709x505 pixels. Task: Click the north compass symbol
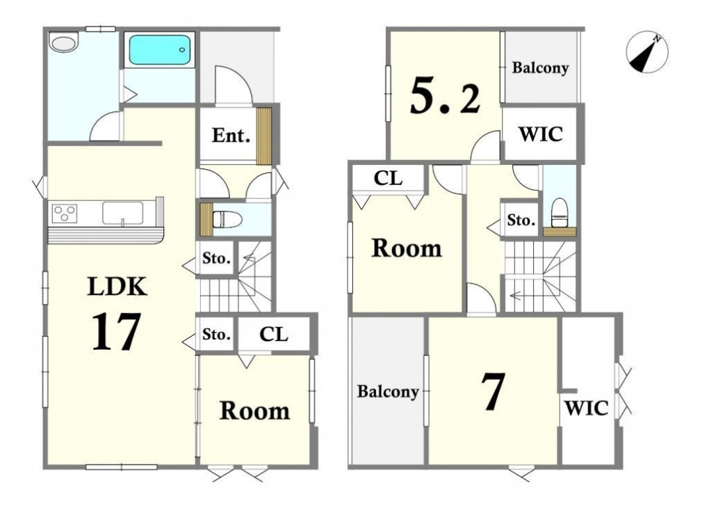click(647, 52)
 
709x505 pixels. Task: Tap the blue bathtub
click(160, 50)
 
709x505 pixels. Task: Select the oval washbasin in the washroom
click(64, 43)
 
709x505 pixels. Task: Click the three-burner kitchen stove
click(65, 213)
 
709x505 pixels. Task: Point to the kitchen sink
click(122, 213)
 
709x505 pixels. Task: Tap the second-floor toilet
click(560, 211)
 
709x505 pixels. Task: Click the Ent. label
click(231, 136)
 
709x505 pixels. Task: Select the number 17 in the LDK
click(116, 332)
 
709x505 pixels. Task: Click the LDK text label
click(117, 287)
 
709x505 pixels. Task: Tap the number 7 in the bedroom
click(492, 392)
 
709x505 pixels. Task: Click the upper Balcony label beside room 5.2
click(540, 68)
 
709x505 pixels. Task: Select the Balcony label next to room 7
click(387, 392)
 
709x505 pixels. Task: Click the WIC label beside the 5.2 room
click(540, 134)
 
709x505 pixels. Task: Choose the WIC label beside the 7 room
click(587, 408)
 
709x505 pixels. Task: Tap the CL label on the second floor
click(388, 179)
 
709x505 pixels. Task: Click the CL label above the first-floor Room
click(274, 335)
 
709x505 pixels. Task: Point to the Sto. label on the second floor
click(521, 221)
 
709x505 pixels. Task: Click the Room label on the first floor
click(254, 411)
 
